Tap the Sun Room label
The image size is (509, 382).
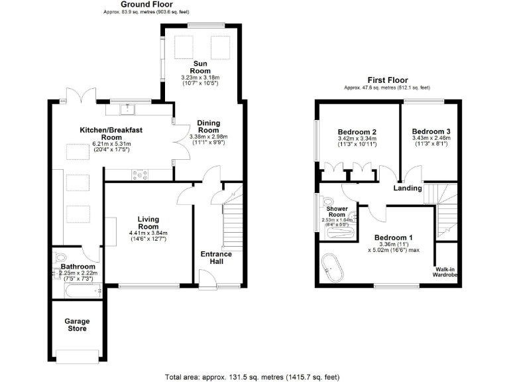[201, 67]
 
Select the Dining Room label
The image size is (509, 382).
[209, 126]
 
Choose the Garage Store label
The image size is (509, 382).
[77, 325]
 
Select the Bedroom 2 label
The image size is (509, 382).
[357, 132]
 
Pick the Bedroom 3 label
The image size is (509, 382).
[431, 131]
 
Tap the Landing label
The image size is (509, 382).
[408, 188]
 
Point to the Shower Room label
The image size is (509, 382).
[337, 212]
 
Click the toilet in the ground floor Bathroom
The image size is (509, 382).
[60, 258]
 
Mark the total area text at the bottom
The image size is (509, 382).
[254, 376]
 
